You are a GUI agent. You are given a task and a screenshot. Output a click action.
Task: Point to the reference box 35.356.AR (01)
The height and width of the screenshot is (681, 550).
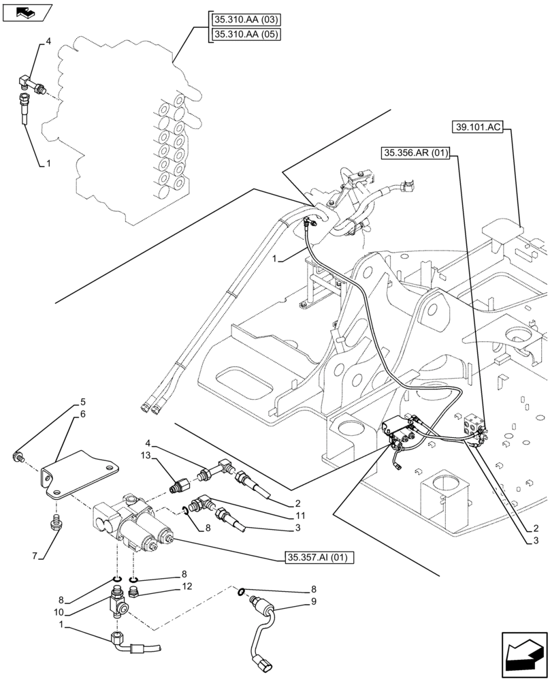coord(415,154)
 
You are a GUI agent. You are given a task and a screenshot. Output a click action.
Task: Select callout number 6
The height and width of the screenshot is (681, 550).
coord(82,414)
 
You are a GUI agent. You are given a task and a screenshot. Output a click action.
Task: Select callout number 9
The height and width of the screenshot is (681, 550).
coord(313,602)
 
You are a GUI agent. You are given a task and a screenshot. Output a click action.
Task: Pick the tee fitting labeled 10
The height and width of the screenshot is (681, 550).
coord(117,603)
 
